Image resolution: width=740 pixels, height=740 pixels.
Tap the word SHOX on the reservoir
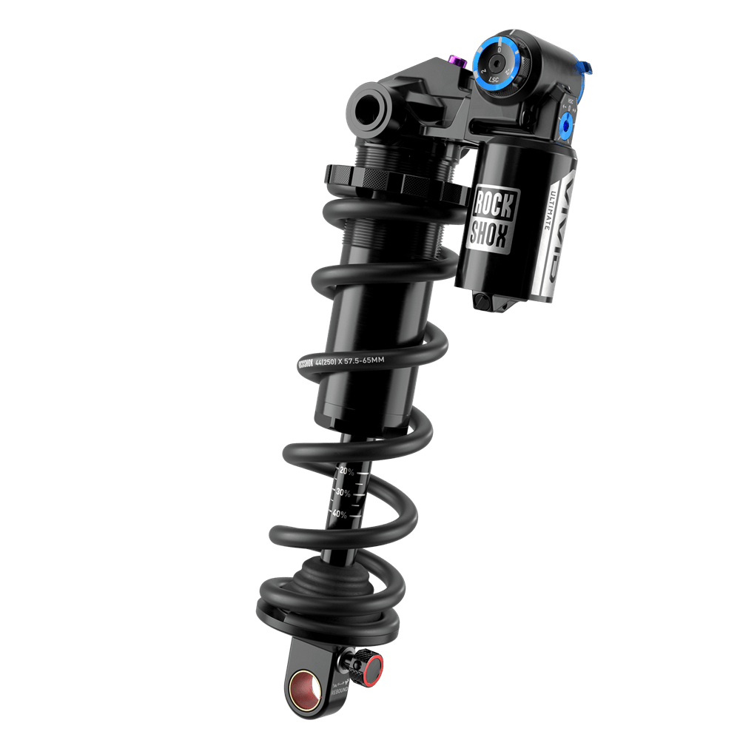coord(489,235)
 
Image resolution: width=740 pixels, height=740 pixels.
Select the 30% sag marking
coord(342,492)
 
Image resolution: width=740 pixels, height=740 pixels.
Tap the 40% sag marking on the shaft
coord(338,514)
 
